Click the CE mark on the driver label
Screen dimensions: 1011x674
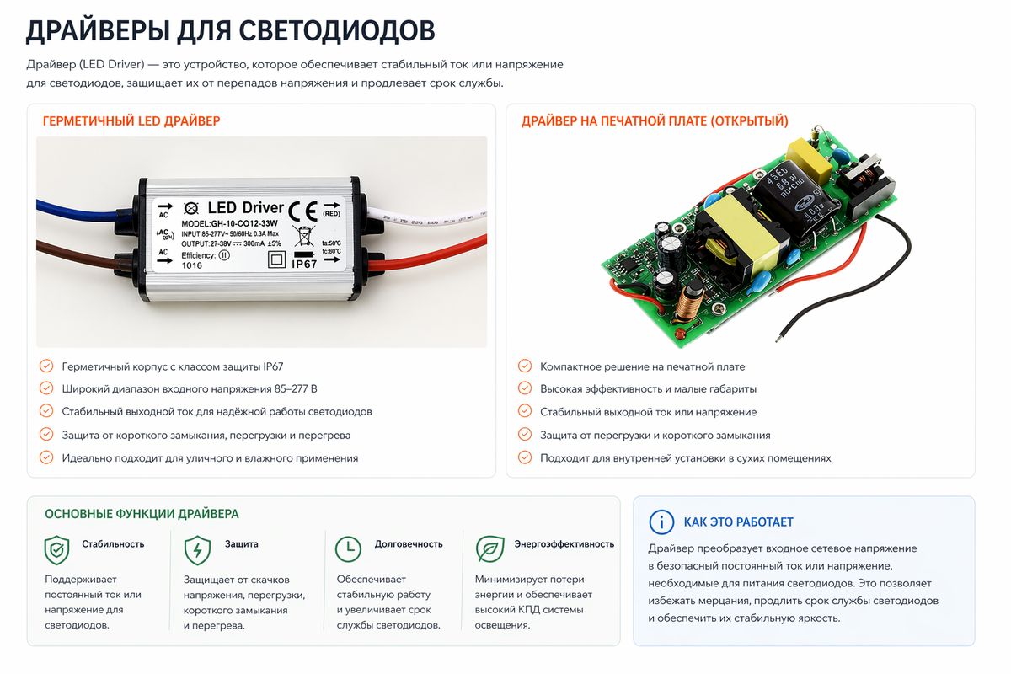pyautogui.click(x=302, y=211)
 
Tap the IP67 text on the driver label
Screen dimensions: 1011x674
pyautogui.click(x=304, y=264)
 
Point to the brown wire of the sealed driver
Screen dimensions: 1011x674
pyautogui.click(x=76, y=256)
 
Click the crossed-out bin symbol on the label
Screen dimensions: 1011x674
pyautogui.click(x=303, y=236)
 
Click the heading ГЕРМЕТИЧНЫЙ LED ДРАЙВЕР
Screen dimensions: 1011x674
pyautogui.click(x=131, y=121)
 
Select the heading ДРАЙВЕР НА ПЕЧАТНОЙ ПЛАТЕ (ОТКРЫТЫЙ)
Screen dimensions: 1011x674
pyautogui.click(x=655, y=121)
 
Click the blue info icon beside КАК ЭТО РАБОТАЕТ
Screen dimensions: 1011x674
pyautogui.click(x=661, y=522)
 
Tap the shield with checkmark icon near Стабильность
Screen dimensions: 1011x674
pyautogui.click(x=57, y=550)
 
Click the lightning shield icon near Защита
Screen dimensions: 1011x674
pyautogui.click(x=197, y=550)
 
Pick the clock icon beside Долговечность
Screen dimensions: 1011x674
pyautogui.click(x=348, y=549)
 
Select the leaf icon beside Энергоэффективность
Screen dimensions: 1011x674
pyautogui.click(x=490, y=549)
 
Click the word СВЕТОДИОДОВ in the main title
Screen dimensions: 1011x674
pyautogui.click(x=337, y=30)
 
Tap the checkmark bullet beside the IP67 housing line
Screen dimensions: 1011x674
pyautogui.click(x=46, y=366)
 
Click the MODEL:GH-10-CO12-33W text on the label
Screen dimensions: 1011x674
pyautogui.click(x=229, y=223)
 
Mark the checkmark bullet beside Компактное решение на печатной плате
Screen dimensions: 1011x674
pyautogui.click(x=524, y=366)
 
